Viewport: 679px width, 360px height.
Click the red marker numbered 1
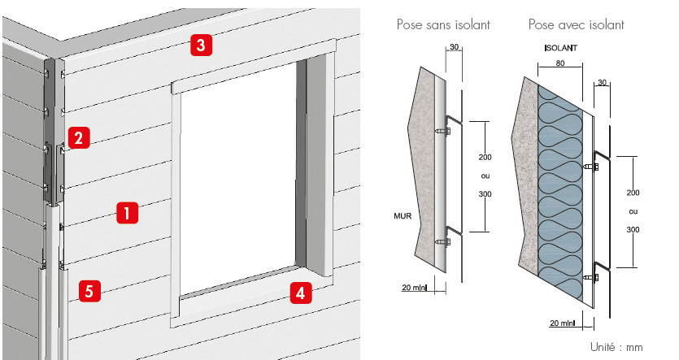(127, 213)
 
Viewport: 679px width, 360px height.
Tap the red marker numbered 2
(77, 137)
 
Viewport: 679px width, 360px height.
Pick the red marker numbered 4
(300, 293)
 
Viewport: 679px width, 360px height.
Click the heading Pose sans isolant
(443, 25)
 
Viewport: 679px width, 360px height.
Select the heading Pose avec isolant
(576, 25)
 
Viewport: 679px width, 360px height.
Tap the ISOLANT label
(561, 50)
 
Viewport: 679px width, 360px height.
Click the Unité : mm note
(616, 347)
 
